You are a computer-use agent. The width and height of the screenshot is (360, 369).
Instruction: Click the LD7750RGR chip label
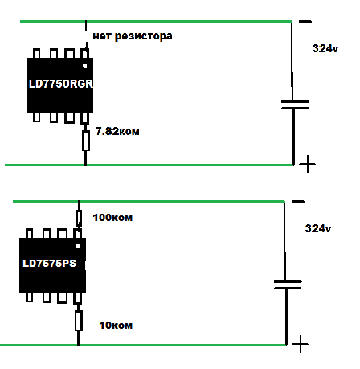[x=61, y=84]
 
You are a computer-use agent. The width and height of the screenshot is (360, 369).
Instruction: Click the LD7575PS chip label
[x=50, y=264]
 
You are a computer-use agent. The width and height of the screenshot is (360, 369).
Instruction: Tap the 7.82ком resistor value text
[x=117, y=131]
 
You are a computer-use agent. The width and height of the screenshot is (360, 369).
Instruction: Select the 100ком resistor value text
[x=112, y=218]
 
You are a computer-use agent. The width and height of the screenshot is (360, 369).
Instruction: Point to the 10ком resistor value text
[x=116, y=326]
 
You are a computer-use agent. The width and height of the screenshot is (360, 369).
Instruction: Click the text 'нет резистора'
[x=133, y=36]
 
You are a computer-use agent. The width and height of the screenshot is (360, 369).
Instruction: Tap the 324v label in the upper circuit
[x=325, y=48]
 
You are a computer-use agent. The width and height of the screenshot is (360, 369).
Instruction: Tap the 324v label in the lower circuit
[x=318, y=228]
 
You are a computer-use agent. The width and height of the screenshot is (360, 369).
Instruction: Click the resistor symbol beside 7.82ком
[x=86, y=141]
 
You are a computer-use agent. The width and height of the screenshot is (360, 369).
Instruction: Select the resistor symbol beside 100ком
[x=79, y=218]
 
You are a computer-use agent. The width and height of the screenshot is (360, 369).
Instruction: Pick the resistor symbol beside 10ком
[x=79, y=321]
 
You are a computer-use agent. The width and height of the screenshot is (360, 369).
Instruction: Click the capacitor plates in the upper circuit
[x=295, y=105]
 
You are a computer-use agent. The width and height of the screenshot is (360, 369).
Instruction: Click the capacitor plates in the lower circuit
[x=288, y=285]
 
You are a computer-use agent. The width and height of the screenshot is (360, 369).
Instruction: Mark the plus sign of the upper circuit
[x=307, y=164]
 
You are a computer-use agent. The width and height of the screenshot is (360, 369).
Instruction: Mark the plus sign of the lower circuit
[x=300, y=344]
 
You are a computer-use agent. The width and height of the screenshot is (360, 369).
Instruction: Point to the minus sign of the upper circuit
[x=305, y=22]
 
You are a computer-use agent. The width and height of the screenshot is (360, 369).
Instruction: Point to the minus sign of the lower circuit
[x=298, y=202]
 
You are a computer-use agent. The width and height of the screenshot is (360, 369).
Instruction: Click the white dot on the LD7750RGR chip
[x=85, y=65]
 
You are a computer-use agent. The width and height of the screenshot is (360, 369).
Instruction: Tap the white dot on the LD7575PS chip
[x=78, y=246]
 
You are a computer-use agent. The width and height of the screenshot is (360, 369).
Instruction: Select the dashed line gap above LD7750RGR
[x=86, y=36]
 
